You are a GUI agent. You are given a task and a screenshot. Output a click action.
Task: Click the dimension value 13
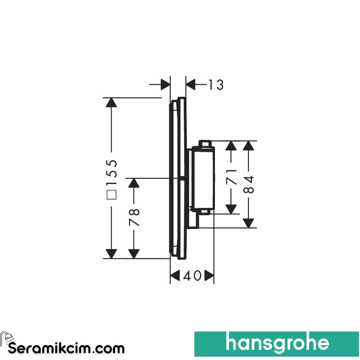coord(216,85)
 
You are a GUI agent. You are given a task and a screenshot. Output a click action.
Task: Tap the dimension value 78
coord(134,217)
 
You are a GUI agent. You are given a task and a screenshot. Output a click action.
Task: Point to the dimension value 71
coord(231,177)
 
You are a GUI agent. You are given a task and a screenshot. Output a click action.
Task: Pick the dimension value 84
coord(248,184)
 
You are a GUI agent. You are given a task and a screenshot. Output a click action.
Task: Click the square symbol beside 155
coord(112,194)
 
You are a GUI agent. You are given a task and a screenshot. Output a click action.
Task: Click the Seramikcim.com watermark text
coord(66,349)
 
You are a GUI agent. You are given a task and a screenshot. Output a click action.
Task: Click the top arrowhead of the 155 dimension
coord(111,102)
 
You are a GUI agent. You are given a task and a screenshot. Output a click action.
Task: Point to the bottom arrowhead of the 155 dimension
coord(111,254)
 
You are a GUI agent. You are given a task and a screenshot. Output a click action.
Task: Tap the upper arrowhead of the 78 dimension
coord(134,183)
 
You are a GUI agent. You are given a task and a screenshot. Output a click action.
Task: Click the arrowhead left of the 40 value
coord(175,275)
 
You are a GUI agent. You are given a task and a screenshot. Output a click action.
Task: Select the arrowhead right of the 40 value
coord(209,275)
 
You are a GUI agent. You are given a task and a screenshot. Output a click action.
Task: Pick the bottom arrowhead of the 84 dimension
coord(248,223)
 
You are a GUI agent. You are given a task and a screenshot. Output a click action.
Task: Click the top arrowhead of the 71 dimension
coord(231,146)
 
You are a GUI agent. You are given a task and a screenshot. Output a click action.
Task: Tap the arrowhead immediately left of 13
coord(191,84)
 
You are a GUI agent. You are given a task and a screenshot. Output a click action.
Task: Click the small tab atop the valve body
coord(205,143)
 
